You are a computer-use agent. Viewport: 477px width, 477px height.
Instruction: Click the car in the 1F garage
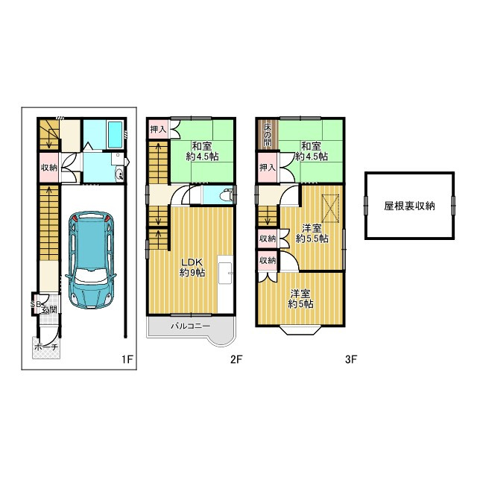point(91,260)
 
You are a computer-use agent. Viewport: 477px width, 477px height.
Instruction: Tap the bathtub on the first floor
point(116,134)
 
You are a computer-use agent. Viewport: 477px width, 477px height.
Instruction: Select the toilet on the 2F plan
point(226,195)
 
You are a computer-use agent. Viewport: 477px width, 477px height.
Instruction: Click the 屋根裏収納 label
point(409,206)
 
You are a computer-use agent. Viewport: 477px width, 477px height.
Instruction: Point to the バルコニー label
point(191,326)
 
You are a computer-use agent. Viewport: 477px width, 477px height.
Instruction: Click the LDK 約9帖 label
point(192,268)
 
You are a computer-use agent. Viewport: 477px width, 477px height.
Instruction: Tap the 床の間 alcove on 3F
point(268,135)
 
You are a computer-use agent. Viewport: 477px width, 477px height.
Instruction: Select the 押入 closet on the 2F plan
point(158,129)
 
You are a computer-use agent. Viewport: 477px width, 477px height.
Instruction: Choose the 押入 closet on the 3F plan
point(268,167)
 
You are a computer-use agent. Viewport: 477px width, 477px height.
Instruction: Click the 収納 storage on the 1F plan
point(49,167)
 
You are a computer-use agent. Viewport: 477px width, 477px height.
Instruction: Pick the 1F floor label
point(127,359)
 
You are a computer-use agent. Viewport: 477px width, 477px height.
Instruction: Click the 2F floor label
point(236,359)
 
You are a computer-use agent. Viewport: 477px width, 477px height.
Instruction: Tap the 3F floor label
point(351,359)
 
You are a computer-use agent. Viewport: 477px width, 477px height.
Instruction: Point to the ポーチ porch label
point(46,347)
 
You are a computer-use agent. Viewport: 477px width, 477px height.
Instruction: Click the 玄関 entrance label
point(49,310)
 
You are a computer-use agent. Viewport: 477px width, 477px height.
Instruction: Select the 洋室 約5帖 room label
point(301,299)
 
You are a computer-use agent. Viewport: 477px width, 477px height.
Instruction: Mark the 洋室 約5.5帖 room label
point(312,233)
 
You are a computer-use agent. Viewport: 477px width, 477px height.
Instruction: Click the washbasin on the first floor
point(120,174)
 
